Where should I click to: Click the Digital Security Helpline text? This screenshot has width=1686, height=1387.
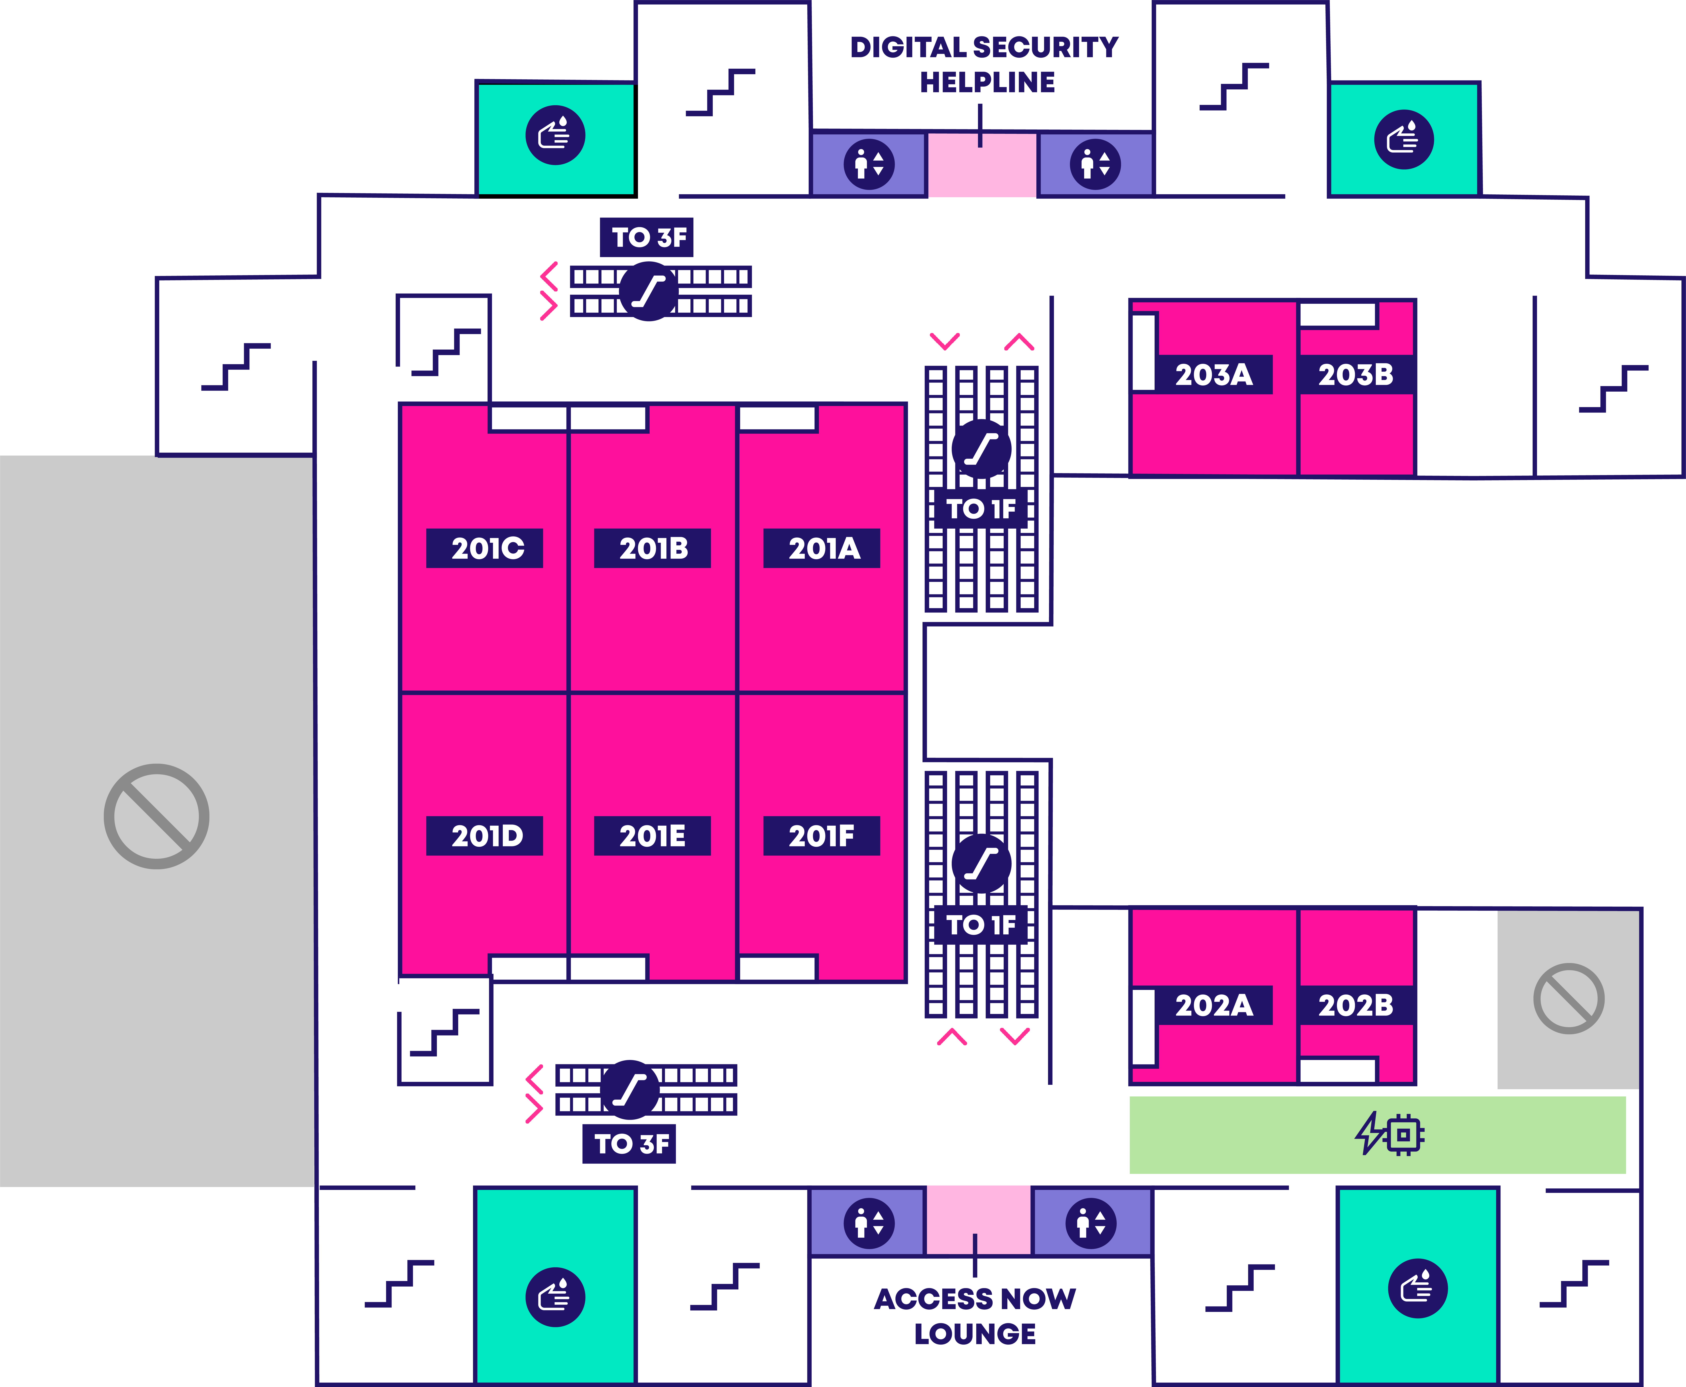click(985, 65)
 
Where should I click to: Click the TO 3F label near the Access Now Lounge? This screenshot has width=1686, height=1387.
click(629, 1144)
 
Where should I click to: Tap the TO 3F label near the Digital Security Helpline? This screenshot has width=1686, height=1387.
click(647, 237)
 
